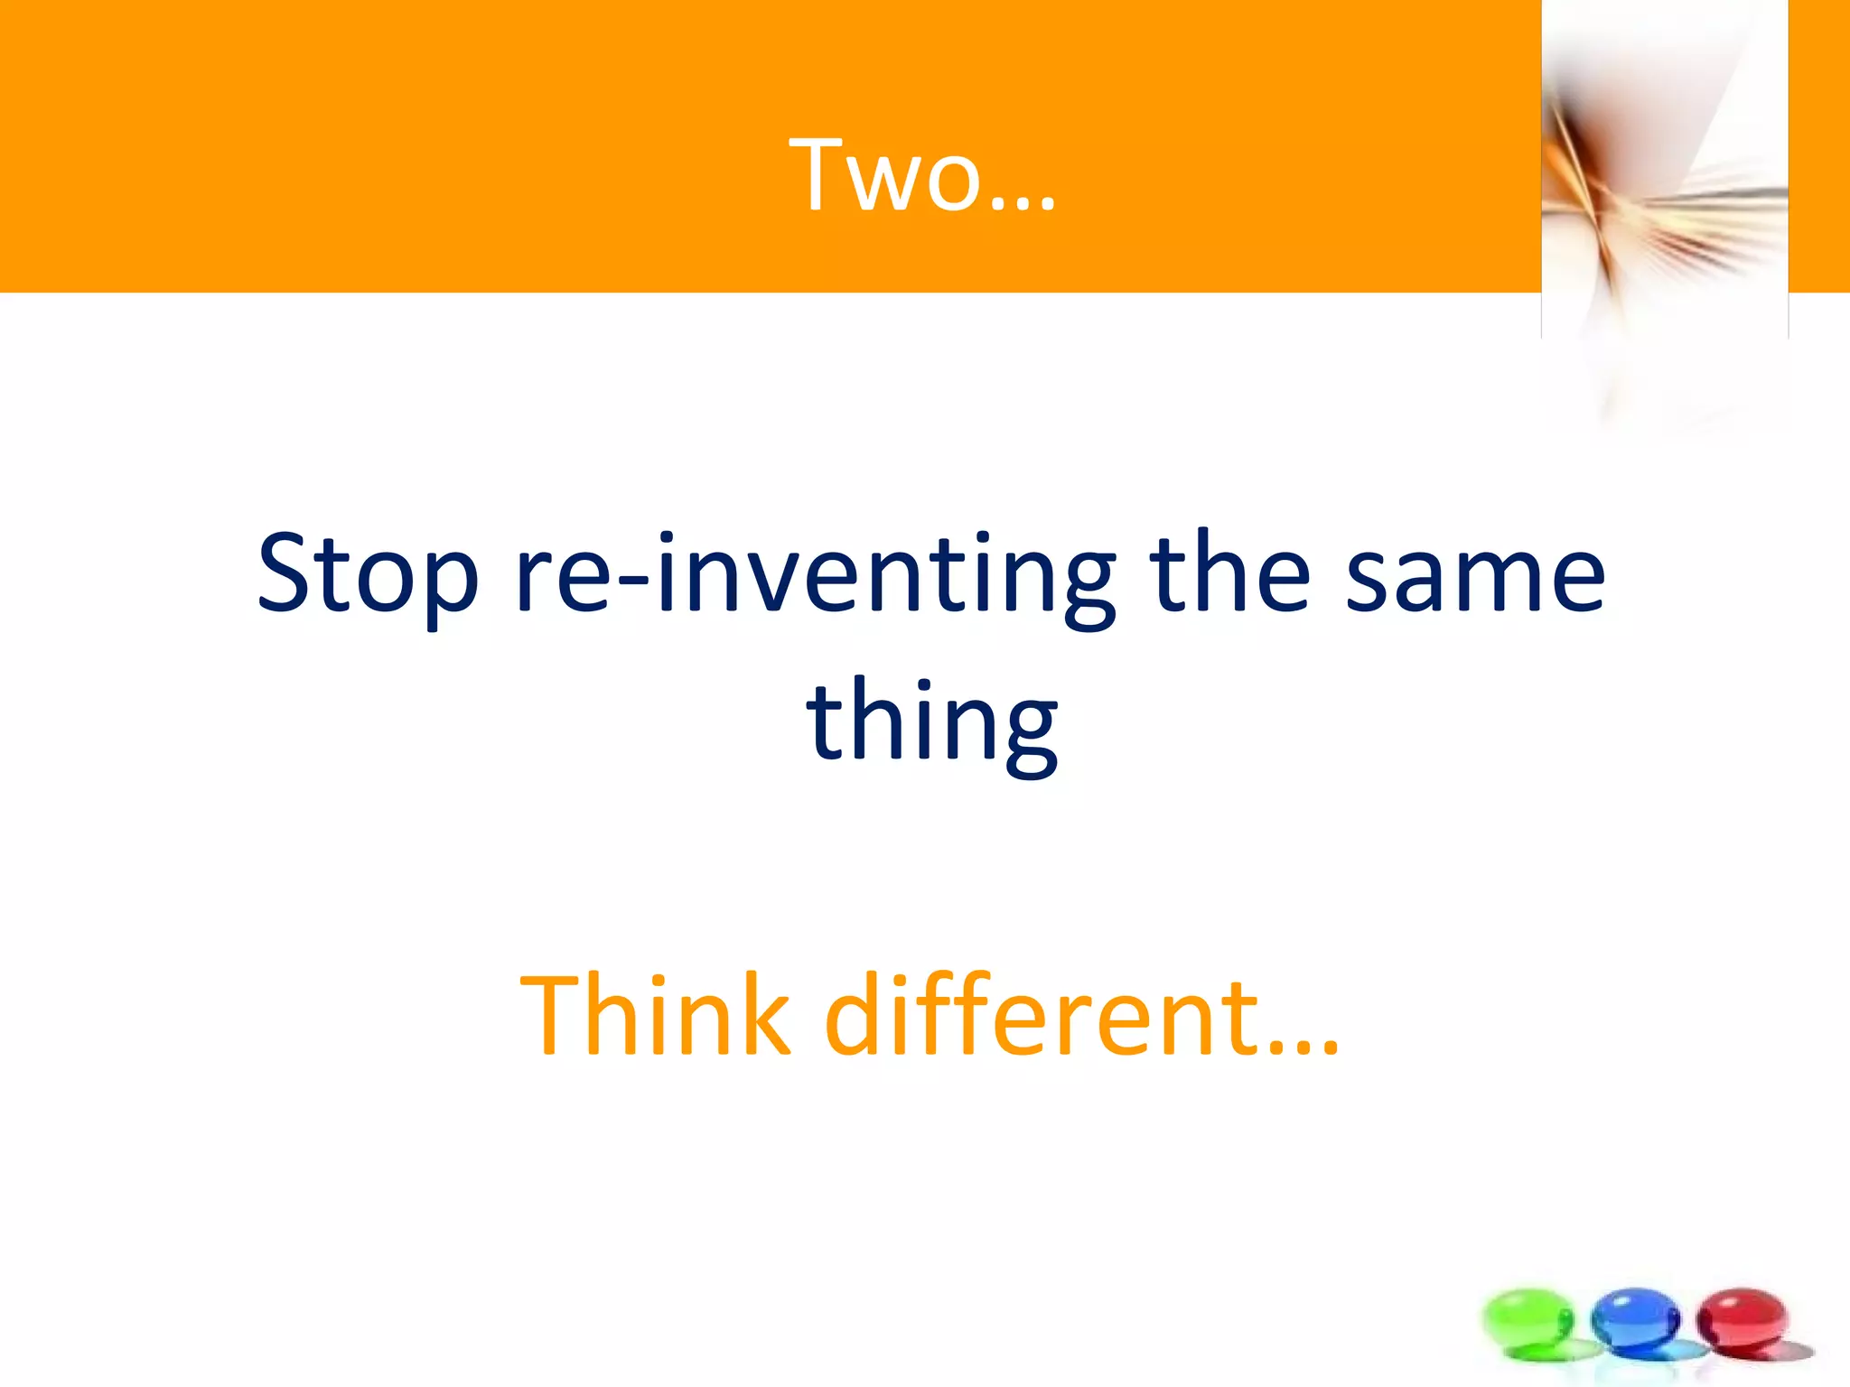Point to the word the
[x=1230, y=572]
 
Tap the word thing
[x=931, y=722]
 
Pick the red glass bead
[x=1742, y=1319]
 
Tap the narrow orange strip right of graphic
[x=1818, y=144]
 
